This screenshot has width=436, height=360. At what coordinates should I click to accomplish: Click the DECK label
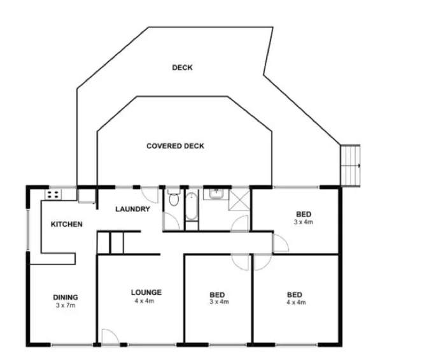point(182,68)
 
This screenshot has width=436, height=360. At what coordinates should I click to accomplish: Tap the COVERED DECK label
point(175,146)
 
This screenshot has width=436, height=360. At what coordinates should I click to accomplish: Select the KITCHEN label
point(67,224)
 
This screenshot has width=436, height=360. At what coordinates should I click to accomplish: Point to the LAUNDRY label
point(132,209)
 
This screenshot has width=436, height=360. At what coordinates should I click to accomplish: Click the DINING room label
point(65,297)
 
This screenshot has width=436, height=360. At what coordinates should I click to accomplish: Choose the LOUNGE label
point(146,293)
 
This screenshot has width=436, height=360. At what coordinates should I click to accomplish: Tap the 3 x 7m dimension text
point(65,305)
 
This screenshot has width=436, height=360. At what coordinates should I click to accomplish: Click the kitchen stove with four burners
point(53,194)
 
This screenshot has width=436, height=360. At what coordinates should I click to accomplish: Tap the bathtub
point(192,207)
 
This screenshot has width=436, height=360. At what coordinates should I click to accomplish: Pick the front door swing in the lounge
point(108,336)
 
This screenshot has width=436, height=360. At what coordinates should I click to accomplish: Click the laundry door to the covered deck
point(148,195)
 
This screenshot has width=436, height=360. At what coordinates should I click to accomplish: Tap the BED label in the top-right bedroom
point(303,214)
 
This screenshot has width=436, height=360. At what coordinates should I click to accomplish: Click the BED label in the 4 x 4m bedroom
point(294,295)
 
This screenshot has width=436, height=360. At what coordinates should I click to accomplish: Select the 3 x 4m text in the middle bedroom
point(218,303)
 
